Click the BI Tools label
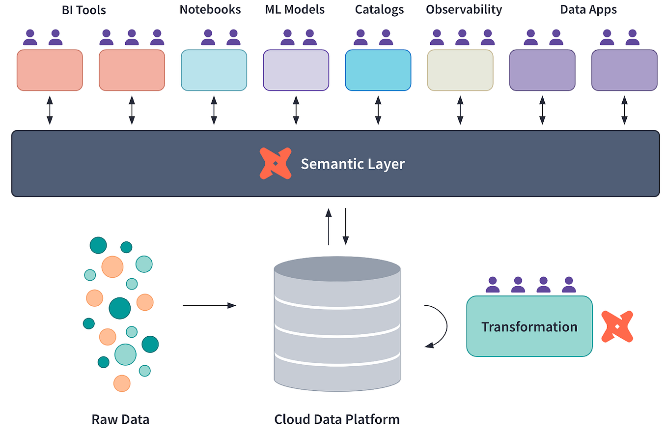click(84, 10)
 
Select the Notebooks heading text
click(210, 9)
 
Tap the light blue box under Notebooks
click(214, 70)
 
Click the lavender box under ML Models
click(296, 70)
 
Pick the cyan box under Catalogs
click(378, 70)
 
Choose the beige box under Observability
click(460, 70)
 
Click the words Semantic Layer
click(353, 163)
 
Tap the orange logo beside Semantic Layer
click(275, 163)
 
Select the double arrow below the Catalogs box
click(378, 110)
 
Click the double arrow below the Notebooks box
click(214, 110)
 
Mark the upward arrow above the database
click(329, 226)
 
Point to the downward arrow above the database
click(346, 226)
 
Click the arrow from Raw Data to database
click(209, 305)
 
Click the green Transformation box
click(529, 326)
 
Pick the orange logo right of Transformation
click(617, 326)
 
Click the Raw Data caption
click(120, 419)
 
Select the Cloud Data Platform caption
click(337, 419)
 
